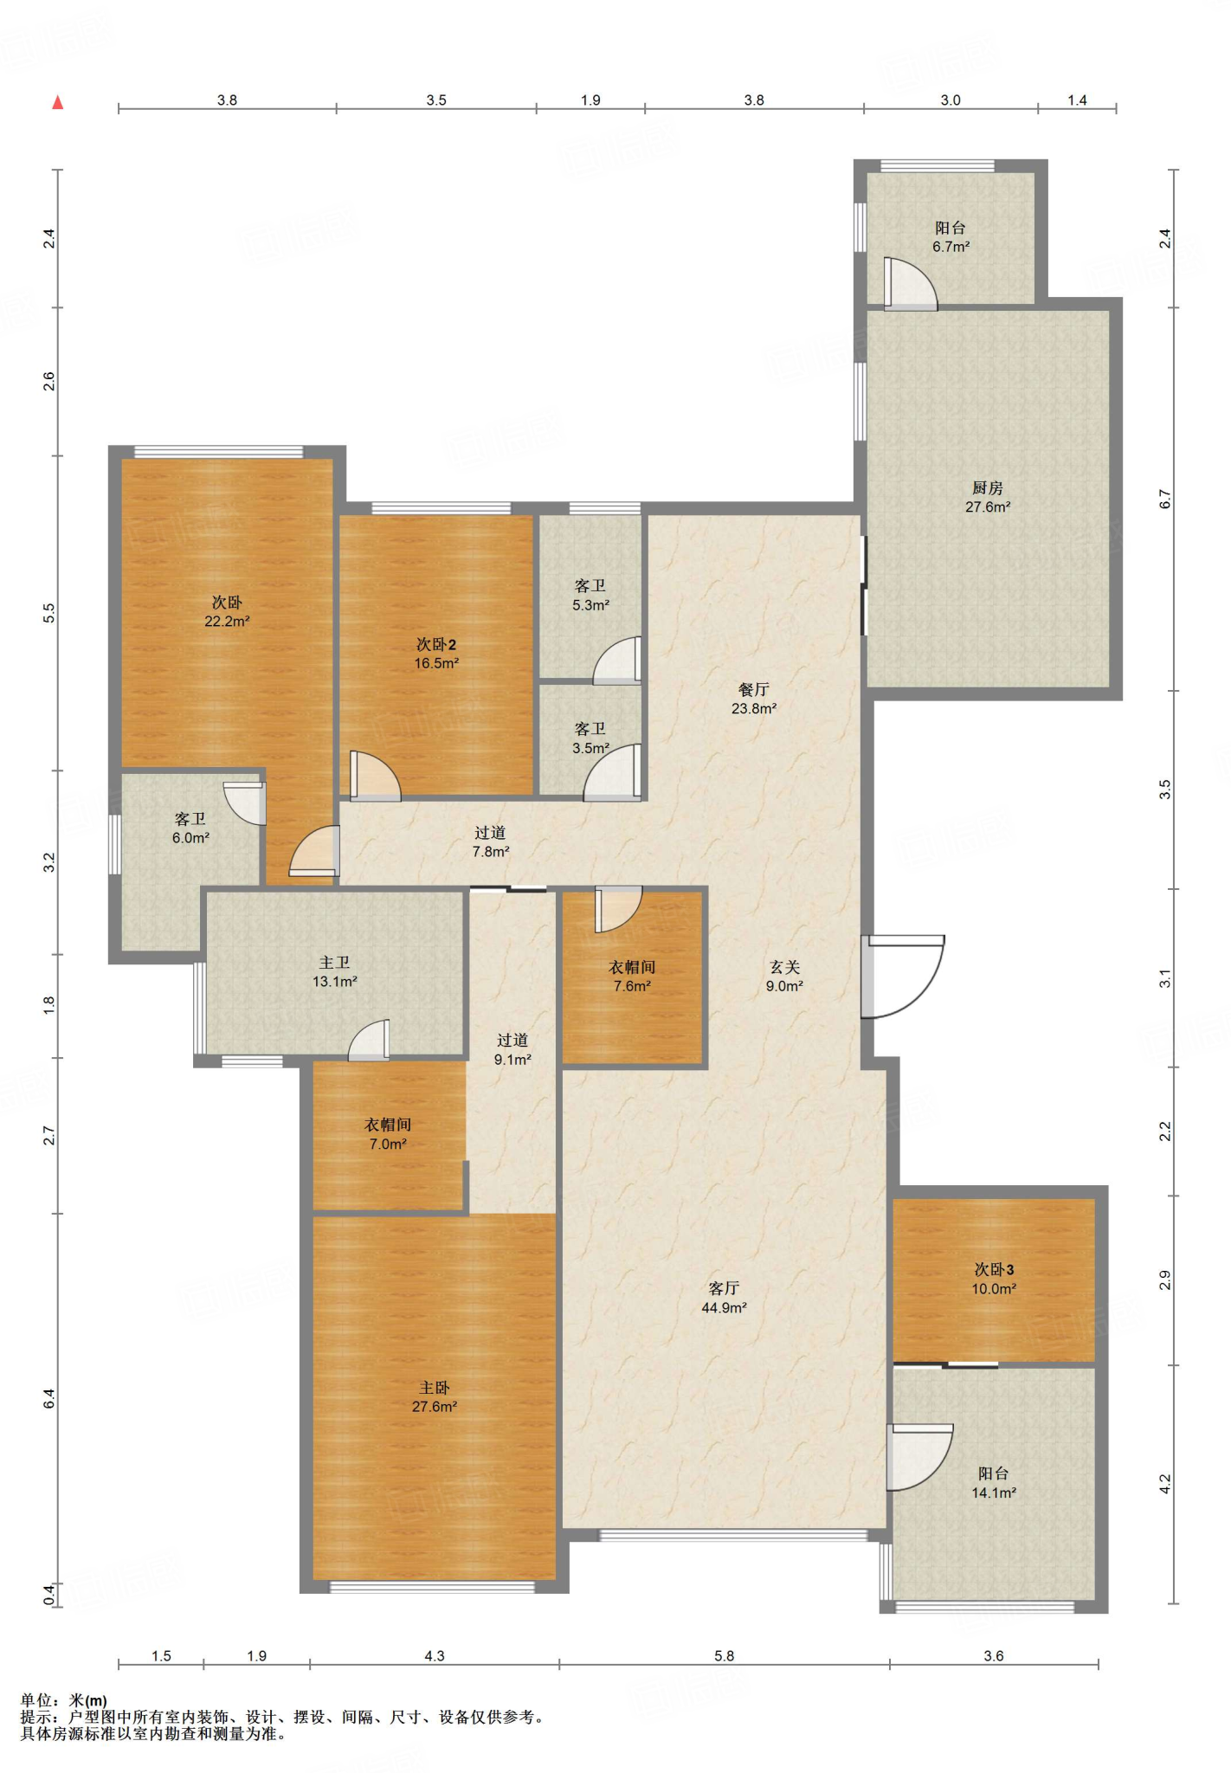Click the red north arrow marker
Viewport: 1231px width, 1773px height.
point(58,103)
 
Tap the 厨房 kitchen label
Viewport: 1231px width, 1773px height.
point(988,488)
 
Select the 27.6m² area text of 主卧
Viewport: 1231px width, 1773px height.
point(435,1407)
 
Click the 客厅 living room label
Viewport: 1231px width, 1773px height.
point(724,1288)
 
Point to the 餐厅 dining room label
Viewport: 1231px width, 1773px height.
point(754,689)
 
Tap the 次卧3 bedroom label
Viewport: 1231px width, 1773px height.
point(994,1270)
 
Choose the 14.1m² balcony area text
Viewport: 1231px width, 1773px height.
point(994,1493)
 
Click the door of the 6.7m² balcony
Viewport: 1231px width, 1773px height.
point(910,283)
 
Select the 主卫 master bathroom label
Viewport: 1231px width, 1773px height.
point(335,963)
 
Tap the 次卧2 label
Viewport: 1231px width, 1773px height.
point(436,644)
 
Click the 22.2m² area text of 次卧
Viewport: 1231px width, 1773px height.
point(227,622)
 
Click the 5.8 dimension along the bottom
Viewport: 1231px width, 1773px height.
point(724,1656)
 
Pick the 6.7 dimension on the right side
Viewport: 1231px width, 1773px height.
point(1165,500)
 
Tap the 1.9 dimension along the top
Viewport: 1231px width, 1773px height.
point(590,100)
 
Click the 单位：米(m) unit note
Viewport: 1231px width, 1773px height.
point(64,1700)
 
